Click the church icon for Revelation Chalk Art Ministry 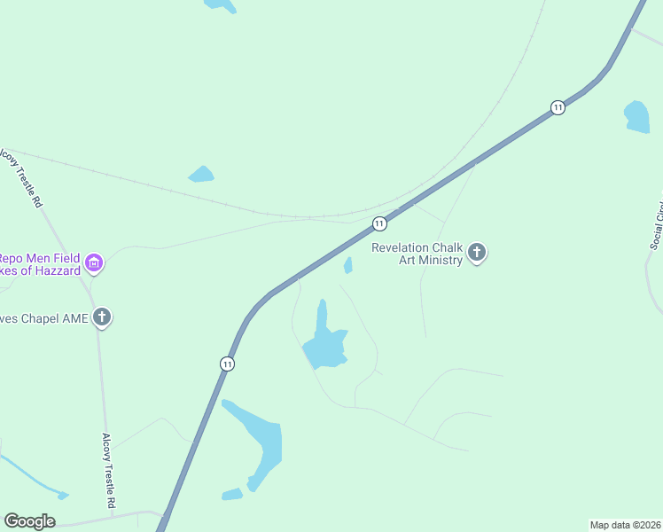tap(477, 254)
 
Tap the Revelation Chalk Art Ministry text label tap(417, 254)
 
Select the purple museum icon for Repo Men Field tap(94, 262)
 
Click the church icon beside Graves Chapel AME tap(102, 317)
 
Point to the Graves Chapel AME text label tap(44, 318)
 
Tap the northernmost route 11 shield tap(557, 107)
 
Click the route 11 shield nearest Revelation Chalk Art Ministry tap(379, 223)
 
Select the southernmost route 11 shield tap(228, 364)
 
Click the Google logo tap(29, 521)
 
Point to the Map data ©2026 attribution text tap(625, 524)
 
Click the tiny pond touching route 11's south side tap(348, 265)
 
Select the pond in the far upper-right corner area tap(636, 116)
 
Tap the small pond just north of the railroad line tap(202, 175)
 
